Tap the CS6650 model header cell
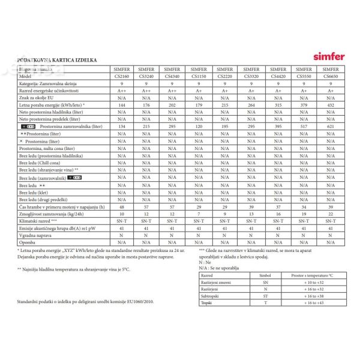330,77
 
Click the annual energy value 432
330,104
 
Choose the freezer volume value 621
330,127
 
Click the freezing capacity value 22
330,214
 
